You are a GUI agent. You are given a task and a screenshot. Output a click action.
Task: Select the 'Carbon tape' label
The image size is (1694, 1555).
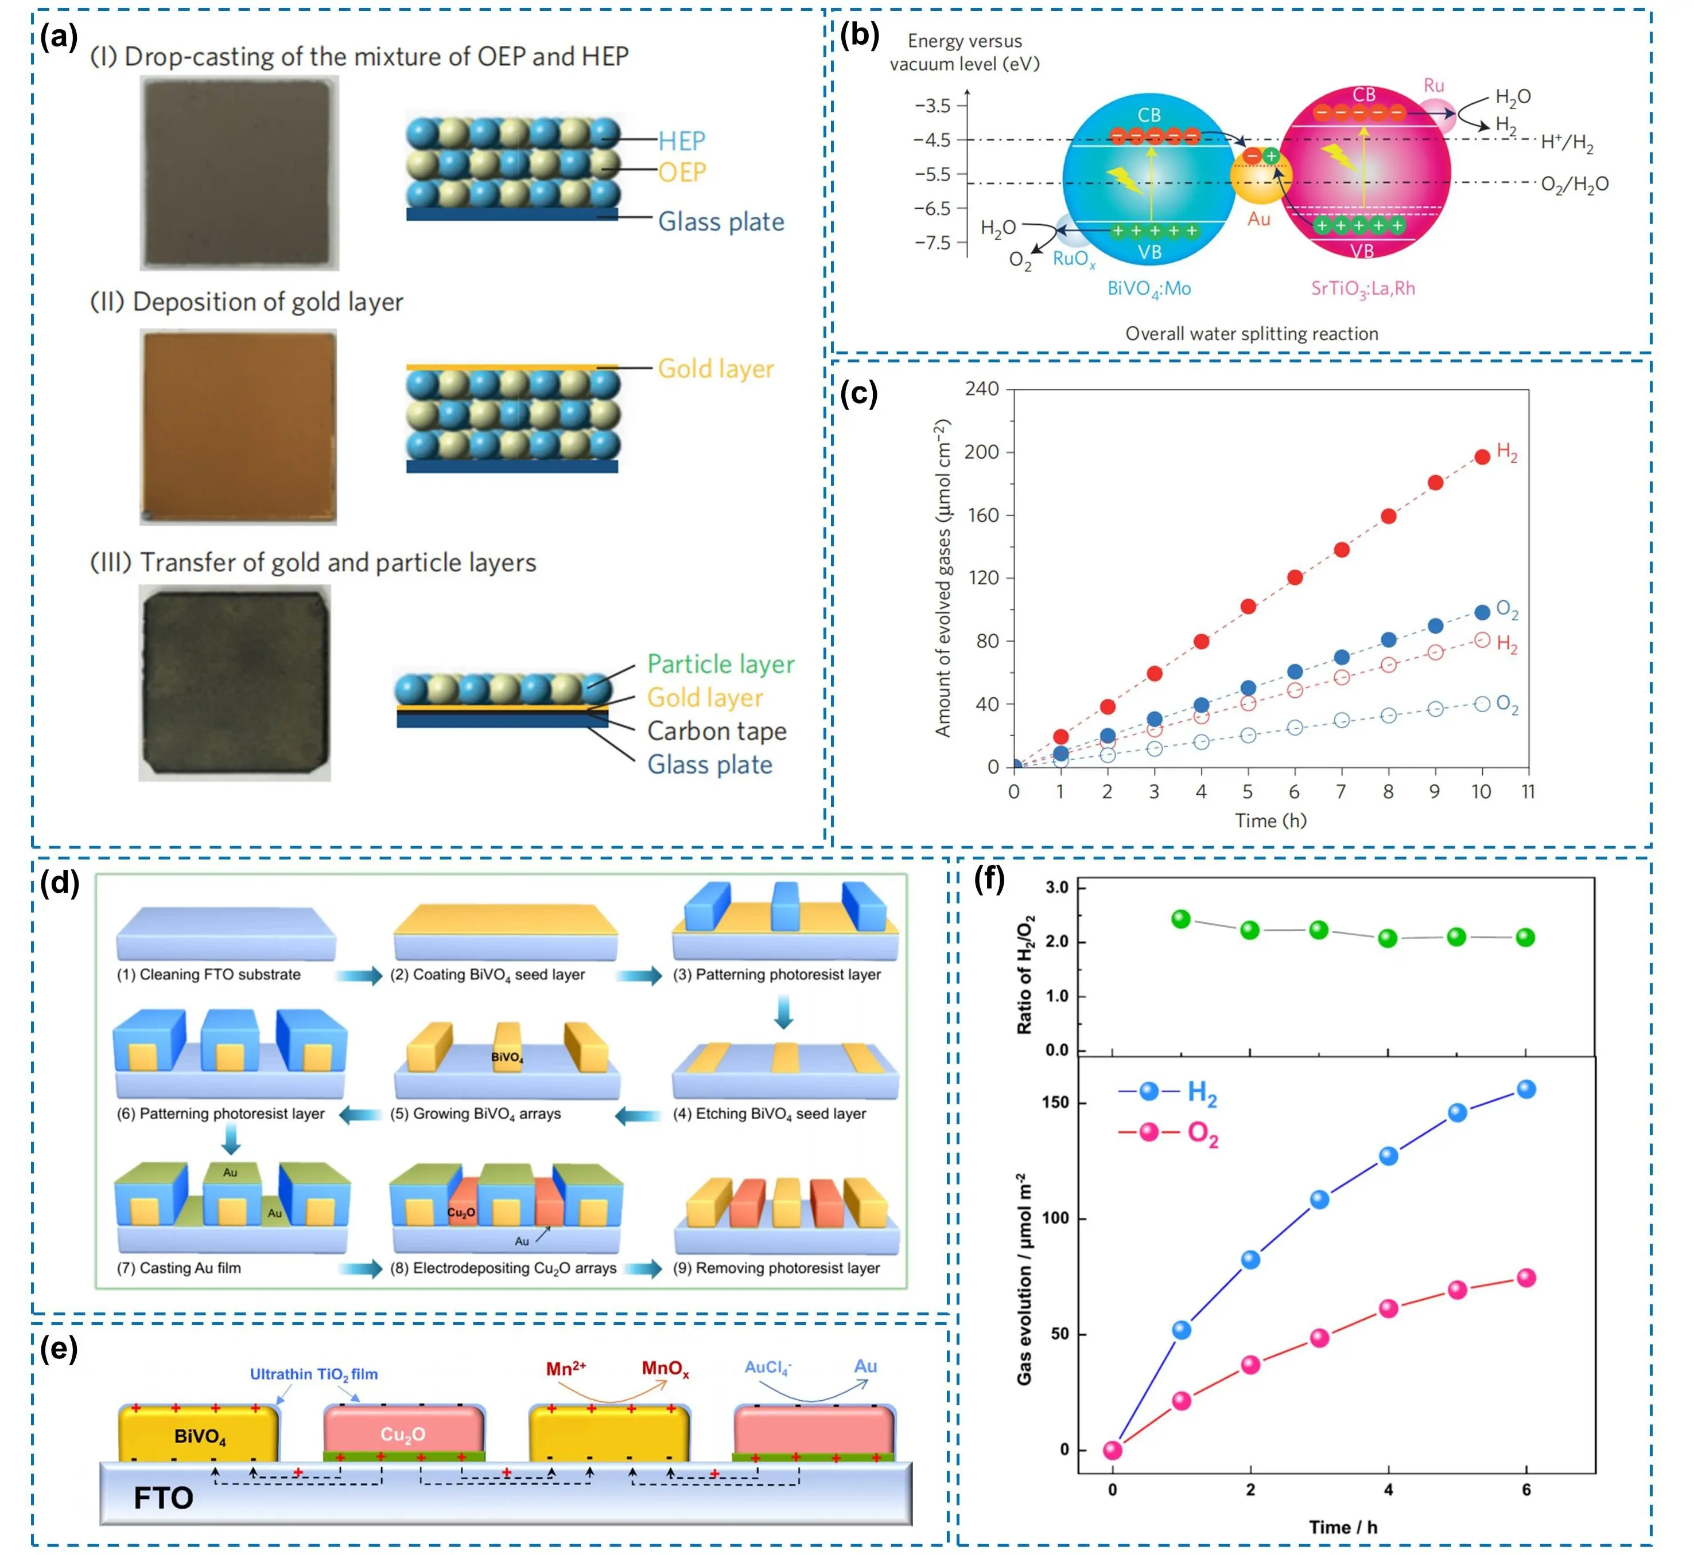click(x=717, y=731)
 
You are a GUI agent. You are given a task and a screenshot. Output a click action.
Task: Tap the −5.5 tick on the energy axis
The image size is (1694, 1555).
click(x=932, y=174)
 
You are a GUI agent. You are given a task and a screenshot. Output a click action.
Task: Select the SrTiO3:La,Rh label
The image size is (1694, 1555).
click(x=1362, y=288)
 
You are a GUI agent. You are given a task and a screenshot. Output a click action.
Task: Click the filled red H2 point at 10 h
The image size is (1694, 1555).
click(x=1482, y=457)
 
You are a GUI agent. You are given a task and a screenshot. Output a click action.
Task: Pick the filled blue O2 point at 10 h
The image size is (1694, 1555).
click(x=1482, y=612)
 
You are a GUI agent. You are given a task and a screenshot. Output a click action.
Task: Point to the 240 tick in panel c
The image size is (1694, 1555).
click(x=982, y=389)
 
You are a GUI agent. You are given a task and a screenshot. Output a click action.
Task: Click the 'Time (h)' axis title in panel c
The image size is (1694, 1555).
click(x=1270, y=821)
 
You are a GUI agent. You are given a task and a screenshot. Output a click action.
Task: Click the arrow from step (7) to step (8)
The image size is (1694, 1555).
click(x=360, y=1268)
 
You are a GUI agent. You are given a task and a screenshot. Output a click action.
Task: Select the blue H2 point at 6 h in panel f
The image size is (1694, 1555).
click(x=1526, y=1089)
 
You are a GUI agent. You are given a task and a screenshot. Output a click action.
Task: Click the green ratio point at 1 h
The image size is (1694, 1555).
click(x=1181, y=919)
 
